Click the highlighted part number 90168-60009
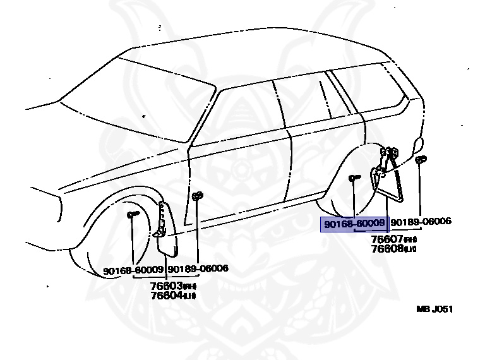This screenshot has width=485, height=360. [354, 223]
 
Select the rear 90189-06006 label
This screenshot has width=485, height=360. [421, 222]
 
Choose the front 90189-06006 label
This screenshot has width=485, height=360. [198, 269]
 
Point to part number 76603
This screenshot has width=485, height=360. [165, 285]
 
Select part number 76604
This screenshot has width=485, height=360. [165, 295]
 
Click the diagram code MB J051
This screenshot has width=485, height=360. [434, 309]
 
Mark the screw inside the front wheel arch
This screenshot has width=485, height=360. [133, 215]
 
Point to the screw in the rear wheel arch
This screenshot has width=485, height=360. [354, 179]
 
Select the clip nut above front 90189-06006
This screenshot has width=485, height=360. [197, 196]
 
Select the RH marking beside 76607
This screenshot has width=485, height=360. [410, 240]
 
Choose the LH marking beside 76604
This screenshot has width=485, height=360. [190, 296]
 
